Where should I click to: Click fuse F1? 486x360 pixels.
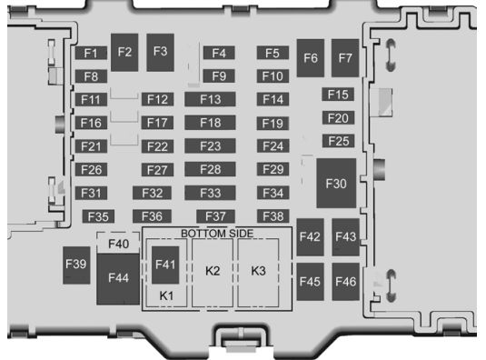click(91, 53)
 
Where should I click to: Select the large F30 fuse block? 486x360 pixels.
click(336, 184)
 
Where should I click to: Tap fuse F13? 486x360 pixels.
click(210, 99)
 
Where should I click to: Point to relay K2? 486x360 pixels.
click(213, 273)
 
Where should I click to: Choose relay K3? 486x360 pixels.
click(258, 273)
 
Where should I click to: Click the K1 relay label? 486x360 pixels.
click(166, 295)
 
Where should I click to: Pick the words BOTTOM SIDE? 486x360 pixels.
click(217, 234)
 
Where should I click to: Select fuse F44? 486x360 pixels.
click(118, 279)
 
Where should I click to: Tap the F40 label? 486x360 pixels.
click(118, 244)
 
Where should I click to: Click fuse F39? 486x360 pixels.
click(76, 265)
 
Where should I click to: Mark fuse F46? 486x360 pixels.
click(345, 282)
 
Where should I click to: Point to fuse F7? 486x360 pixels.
click(345, 58)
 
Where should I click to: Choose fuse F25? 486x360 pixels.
click(339, 141)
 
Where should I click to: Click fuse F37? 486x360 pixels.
click(215, 216)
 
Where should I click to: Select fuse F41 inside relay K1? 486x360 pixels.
click(165, 265)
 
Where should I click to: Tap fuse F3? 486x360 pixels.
click(160, 53)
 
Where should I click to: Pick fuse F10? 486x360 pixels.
click(273, 76)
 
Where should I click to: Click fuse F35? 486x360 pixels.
click(98, 216)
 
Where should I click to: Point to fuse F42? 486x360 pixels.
click(311, 237)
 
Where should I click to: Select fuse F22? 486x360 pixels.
click(157, 146)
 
